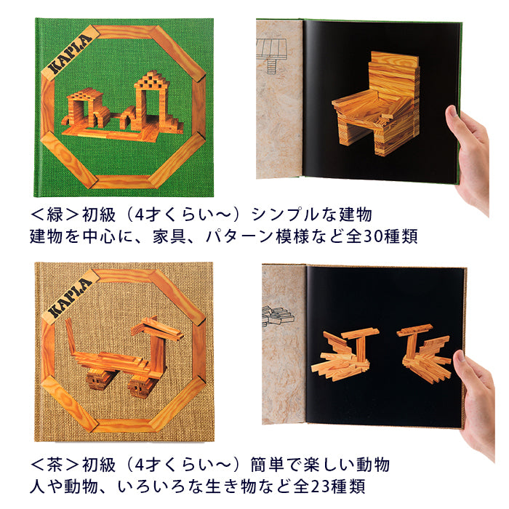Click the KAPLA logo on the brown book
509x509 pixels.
tap(71, 298)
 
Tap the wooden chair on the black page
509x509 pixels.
tap(376, 103)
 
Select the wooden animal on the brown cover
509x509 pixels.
tap(125, 356)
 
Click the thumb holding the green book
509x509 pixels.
tap(454, 117)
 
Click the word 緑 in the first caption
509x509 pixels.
tap(55, 215)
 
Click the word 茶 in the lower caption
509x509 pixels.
tap(55, 465)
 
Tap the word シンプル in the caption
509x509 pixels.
tap(279, 215)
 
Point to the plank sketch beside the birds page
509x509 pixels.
tap(278, 315)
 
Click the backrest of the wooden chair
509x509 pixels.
tap(394, 75)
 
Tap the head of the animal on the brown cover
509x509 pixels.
tap(158, 329)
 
